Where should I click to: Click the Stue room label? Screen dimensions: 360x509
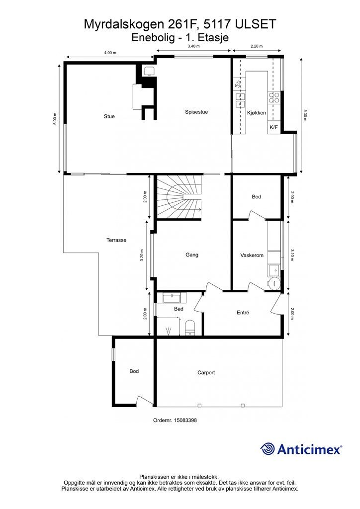[x=109, y=116]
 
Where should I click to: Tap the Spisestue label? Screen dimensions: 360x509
[x=196, y=112]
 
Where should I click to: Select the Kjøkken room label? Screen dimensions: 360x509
[x=257, y=113]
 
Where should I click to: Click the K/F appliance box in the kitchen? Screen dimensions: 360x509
[x=274, y=127]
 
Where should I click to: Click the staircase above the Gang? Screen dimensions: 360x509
[x=179, y=198]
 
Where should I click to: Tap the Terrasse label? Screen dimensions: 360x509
[x=116, y=240]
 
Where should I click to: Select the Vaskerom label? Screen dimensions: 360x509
[x=252, y=255]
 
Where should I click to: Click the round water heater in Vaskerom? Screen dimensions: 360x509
[x=274, y=283]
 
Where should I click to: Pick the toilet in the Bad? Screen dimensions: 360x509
[x=189, y=328]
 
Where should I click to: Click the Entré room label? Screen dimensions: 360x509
[x=243, y=313]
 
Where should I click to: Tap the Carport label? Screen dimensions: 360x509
[x=206, y=373]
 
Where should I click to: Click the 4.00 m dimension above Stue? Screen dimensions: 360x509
[x=110, y=53]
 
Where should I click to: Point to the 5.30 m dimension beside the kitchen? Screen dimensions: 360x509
[x=305, y=115]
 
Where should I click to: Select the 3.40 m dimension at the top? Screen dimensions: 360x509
[x=193, y=46]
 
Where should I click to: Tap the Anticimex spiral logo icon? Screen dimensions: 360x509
[x=268, y=449]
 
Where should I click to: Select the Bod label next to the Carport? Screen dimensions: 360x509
[x=134, y=371]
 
